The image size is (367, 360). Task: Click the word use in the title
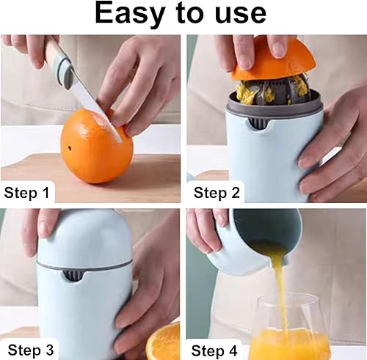pyautogui.click(x=240, y=14)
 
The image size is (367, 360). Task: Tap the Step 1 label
pyautogui.click(x=26, y=193)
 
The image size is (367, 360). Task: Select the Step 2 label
pyautogui.click(x=217, y=193)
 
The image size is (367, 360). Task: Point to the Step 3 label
pyautogui.click(x=31, y=350)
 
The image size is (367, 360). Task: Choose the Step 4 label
pyautogui.click(x=214, y=350)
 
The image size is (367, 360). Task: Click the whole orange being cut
pyautogui.click(x=97, y=146)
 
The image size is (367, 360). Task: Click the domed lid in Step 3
pyautogui.click(x=84, y=237)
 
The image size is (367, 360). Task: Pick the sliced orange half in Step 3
pyautogui.click(x=164, y=342)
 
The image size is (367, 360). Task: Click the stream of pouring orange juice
pyautogui.click(x=281, y=288)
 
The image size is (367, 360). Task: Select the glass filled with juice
pyautogui.click(x=288, y=328)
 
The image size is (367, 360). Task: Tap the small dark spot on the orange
pyautogui.click(x=70, y=148)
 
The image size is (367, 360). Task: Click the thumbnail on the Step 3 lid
pyautogui.click(x=46, y=229)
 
